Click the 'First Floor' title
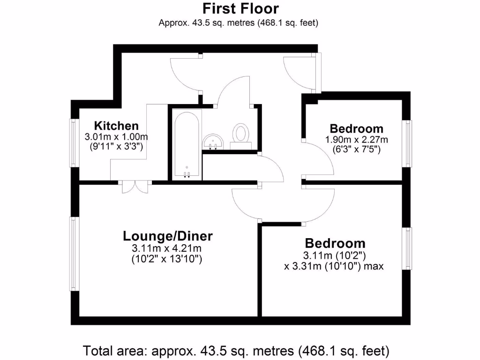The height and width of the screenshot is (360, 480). pos(240,8)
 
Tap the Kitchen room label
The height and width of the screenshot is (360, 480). pos(116,126)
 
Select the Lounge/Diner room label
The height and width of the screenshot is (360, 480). pos(168,235)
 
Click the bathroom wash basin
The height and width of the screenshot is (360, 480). pos(213,141)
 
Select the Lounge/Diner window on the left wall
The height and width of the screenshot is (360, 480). pos(74,253)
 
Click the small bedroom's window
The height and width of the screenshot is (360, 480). pos(409,143)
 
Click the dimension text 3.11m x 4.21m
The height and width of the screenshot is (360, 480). pos(168,248)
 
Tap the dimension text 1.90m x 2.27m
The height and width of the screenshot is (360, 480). pos(356,140)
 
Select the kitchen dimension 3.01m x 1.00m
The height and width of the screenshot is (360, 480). pos(116,137)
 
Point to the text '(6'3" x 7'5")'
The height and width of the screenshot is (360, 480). pos(356,150)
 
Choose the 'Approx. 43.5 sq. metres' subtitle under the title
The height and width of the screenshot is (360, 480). pos(239,22)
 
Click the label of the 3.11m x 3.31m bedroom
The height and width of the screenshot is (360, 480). pos(335,243)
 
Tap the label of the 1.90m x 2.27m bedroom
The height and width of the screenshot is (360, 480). pos(356,128)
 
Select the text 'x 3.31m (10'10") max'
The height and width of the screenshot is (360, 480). pos(334,266)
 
